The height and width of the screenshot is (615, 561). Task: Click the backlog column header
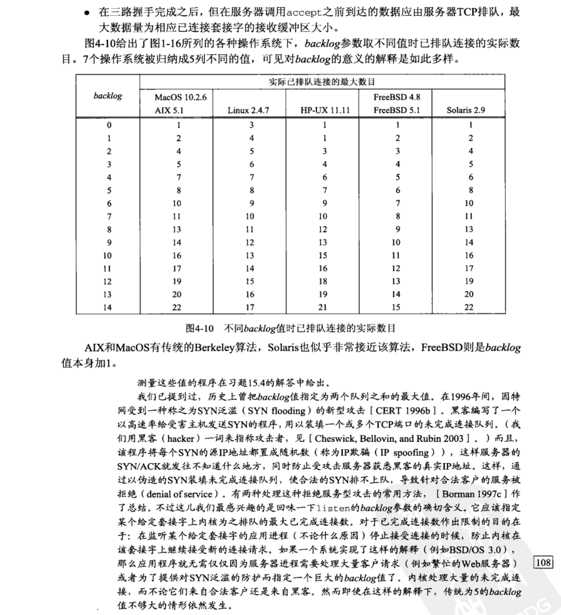click(107, 96)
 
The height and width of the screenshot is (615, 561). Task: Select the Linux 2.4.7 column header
click(248, 110)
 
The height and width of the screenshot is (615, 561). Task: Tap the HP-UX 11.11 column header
click(325, 110)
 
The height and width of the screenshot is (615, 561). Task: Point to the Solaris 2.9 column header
click(466, 110)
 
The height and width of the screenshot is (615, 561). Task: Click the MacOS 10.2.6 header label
click(180, 98)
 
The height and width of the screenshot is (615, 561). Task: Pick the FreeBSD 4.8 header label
click(397, 97)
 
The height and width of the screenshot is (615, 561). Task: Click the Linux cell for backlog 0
click(252, 125)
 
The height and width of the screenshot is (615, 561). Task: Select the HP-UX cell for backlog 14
click(323, 307)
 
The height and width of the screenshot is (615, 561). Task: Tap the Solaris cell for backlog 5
click(471, 190)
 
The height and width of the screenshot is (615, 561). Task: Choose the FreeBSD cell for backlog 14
click(396, 307)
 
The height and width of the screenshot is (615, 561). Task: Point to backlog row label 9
click(109, 242)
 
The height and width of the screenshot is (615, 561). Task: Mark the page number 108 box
click(543, 562)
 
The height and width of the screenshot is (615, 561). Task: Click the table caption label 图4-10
click(200, 328)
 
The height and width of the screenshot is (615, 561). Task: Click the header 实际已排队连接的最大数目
click(322, 82)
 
